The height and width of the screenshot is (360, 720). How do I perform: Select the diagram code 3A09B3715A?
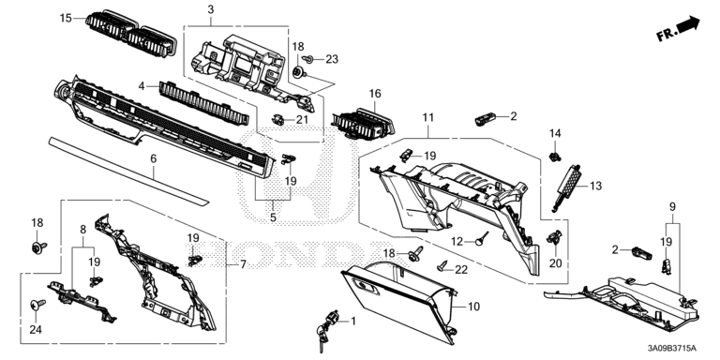point(673,348)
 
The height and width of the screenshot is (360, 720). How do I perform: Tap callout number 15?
point(66,19)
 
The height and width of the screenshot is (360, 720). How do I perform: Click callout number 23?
point(332,59)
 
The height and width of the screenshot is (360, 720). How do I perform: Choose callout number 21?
point(302,120)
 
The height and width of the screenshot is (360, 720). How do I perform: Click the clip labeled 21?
point(277,119)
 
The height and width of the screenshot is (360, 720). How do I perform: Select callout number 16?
point(375,94)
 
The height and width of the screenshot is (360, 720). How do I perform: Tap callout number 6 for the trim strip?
point(154,158)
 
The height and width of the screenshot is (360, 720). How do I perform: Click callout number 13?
point(595,186)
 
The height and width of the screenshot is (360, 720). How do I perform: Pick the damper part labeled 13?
point(566,187)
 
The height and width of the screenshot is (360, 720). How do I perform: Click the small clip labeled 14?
point(556,157)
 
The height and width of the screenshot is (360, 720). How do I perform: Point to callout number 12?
point(457,241)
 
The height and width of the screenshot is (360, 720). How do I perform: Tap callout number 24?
point(36,330)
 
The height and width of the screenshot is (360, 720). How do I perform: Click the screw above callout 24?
point(37,304)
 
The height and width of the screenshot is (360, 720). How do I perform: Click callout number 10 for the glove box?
point(473,306)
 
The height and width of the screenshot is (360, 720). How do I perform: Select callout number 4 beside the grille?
point(142,86)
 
